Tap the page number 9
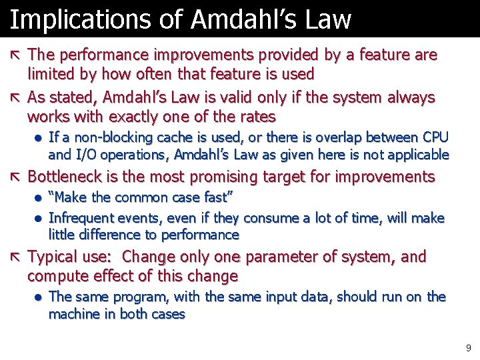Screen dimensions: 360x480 pyautogui.click(x=468, y=347)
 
